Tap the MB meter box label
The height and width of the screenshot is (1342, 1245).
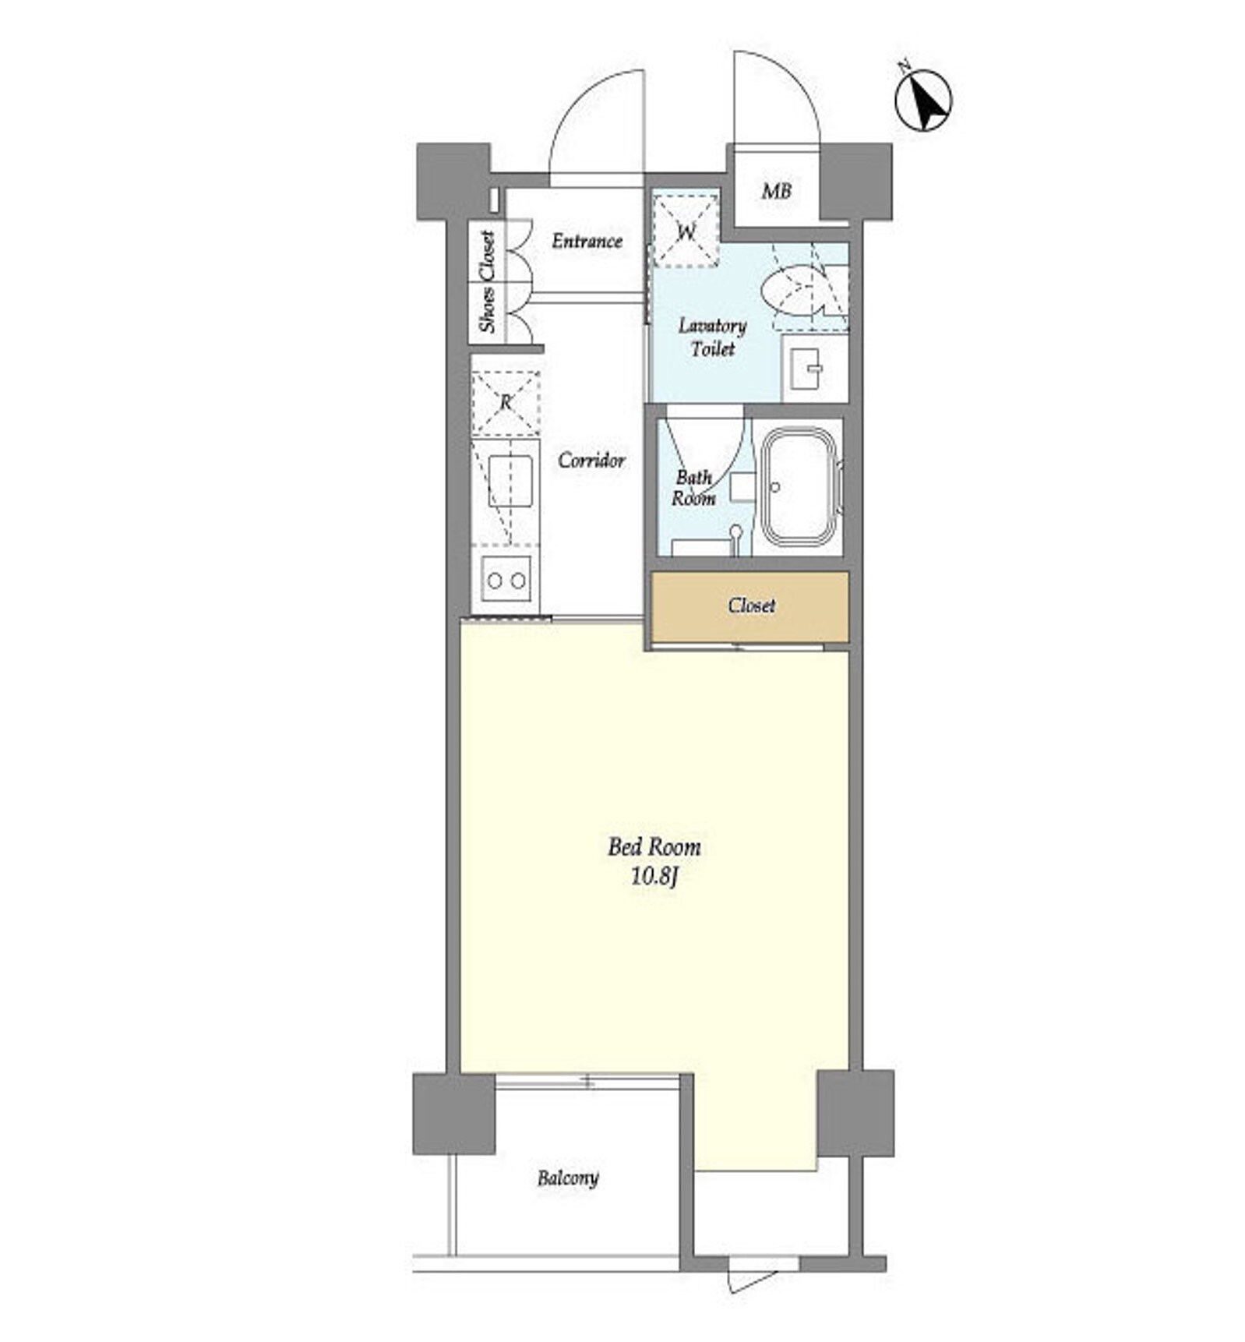(x=776, y=191)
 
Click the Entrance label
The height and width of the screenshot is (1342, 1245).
(x=587, y=241)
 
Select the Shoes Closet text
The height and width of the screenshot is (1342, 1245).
(x=487, y=281)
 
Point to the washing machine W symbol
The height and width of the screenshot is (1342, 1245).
(x=686, y=231)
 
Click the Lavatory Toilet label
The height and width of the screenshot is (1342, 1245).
(x=712, y=337)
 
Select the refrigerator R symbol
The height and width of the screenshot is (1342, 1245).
(x=506, y=402)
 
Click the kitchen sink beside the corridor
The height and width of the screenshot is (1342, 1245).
(x=510, y=481)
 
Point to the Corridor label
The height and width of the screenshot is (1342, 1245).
(x=591, y=460)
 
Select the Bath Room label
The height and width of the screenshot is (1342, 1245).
(x=693, y=487)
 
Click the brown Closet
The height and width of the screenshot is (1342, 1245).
(x=749, y=606)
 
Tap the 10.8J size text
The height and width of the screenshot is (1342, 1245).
(x=654, y=877)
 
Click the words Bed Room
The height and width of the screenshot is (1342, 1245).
(x=654, y=846)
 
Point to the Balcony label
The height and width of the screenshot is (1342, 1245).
(x=568, y=1178)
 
